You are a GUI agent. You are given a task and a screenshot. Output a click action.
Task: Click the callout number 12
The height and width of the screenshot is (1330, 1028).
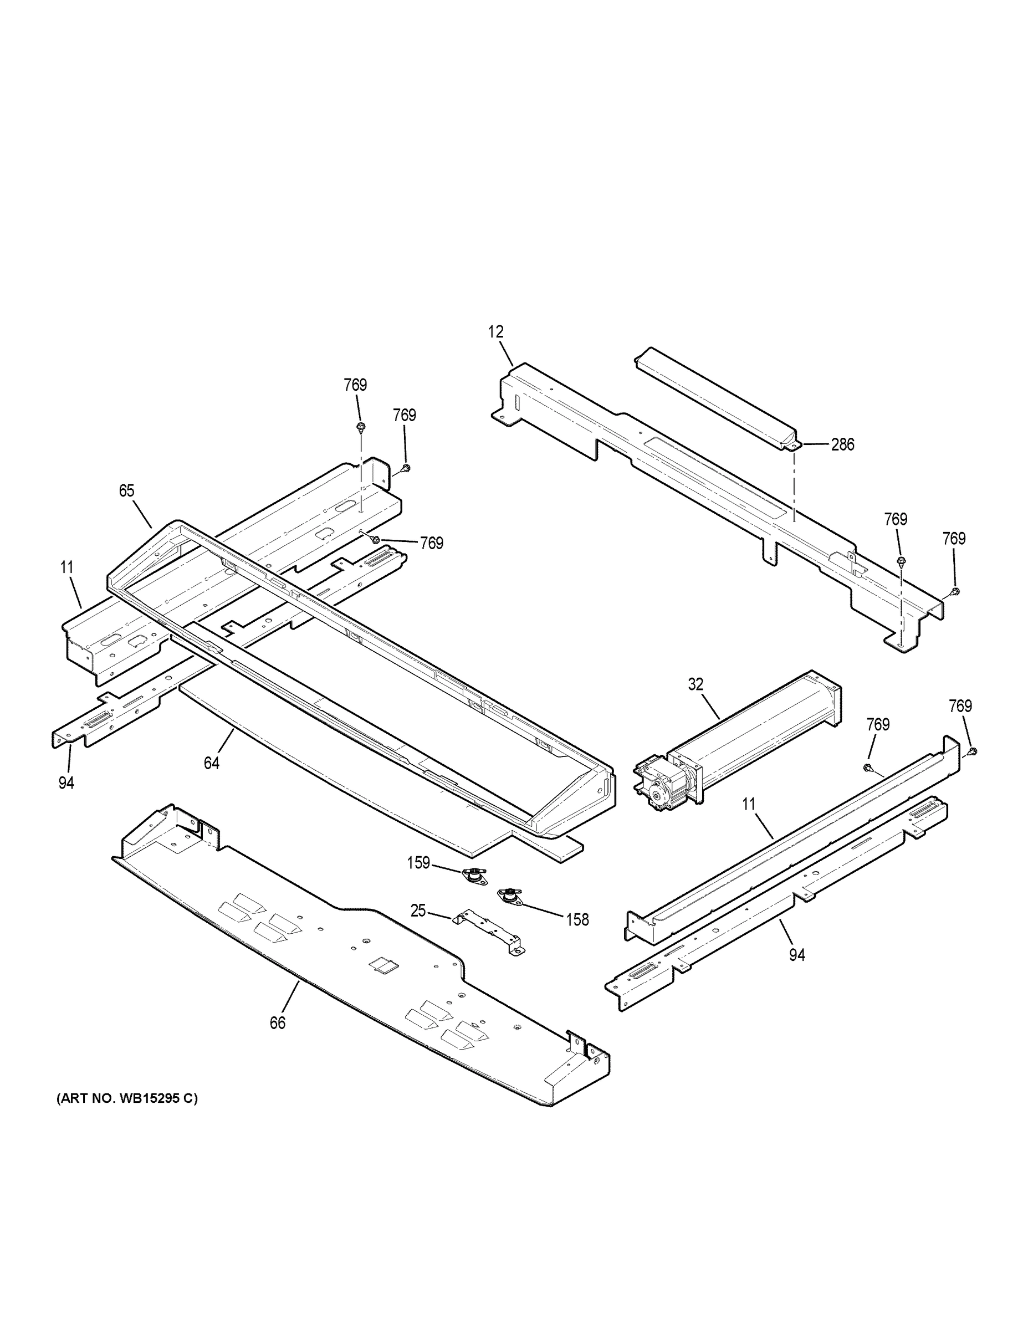click(x=496, y=332)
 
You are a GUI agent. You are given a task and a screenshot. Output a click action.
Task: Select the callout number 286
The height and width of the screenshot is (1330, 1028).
click(x=842, y=445)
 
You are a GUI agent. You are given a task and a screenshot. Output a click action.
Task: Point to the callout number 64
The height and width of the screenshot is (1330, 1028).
click(x=211, y=763)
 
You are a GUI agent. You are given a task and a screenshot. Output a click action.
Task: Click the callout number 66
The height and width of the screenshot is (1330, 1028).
click(x=277, y=1023)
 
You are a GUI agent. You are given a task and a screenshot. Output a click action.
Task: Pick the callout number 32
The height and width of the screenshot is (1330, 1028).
click(x=695, y=684)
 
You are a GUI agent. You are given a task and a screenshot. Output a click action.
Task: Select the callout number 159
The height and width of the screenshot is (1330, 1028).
click(x=418, y=863)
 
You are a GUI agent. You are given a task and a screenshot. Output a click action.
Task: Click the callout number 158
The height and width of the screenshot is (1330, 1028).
click(x=577, y=919)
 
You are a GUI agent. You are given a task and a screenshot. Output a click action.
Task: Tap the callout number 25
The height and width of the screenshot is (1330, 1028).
click(x=418, y=911)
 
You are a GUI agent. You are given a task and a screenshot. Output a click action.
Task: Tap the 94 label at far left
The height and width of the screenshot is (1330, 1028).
click(x=66, y=782)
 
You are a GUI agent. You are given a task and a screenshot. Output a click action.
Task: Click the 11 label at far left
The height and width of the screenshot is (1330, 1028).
click(x=67, y=567)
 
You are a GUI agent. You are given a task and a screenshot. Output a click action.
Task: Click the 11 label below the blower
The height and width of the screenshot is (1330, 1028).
click(x=749, y=805)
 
